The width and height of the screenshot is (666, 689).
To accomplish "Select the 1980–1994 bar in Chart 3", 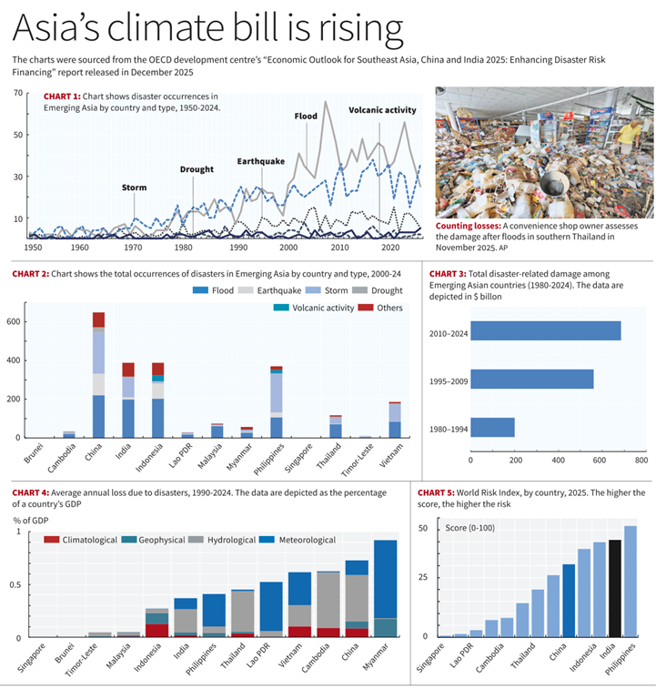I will [493, 427].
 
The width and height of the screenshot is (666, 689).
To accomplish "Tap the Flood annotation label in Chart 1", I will [306, 117].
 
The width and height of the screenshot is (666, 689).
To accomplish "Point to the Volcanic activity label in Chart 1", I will [382, 110].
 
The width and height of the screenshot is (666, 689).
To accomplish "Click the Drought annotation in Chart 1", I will [197, 169].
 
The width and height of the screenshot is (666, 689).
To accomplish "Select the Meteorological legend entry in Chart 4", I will [296, 540].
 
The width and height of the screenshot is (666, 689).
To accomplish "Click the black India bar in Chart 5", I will [615, 588].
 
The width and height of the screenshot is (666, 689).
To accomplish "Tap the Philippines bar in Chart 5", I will [631, 581].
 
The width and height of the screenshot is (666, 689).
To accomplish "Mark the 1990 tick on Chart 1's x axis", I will [238, 248].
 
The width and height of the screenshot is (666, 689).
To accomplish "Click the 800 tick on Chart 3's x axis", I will [641, 461].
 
